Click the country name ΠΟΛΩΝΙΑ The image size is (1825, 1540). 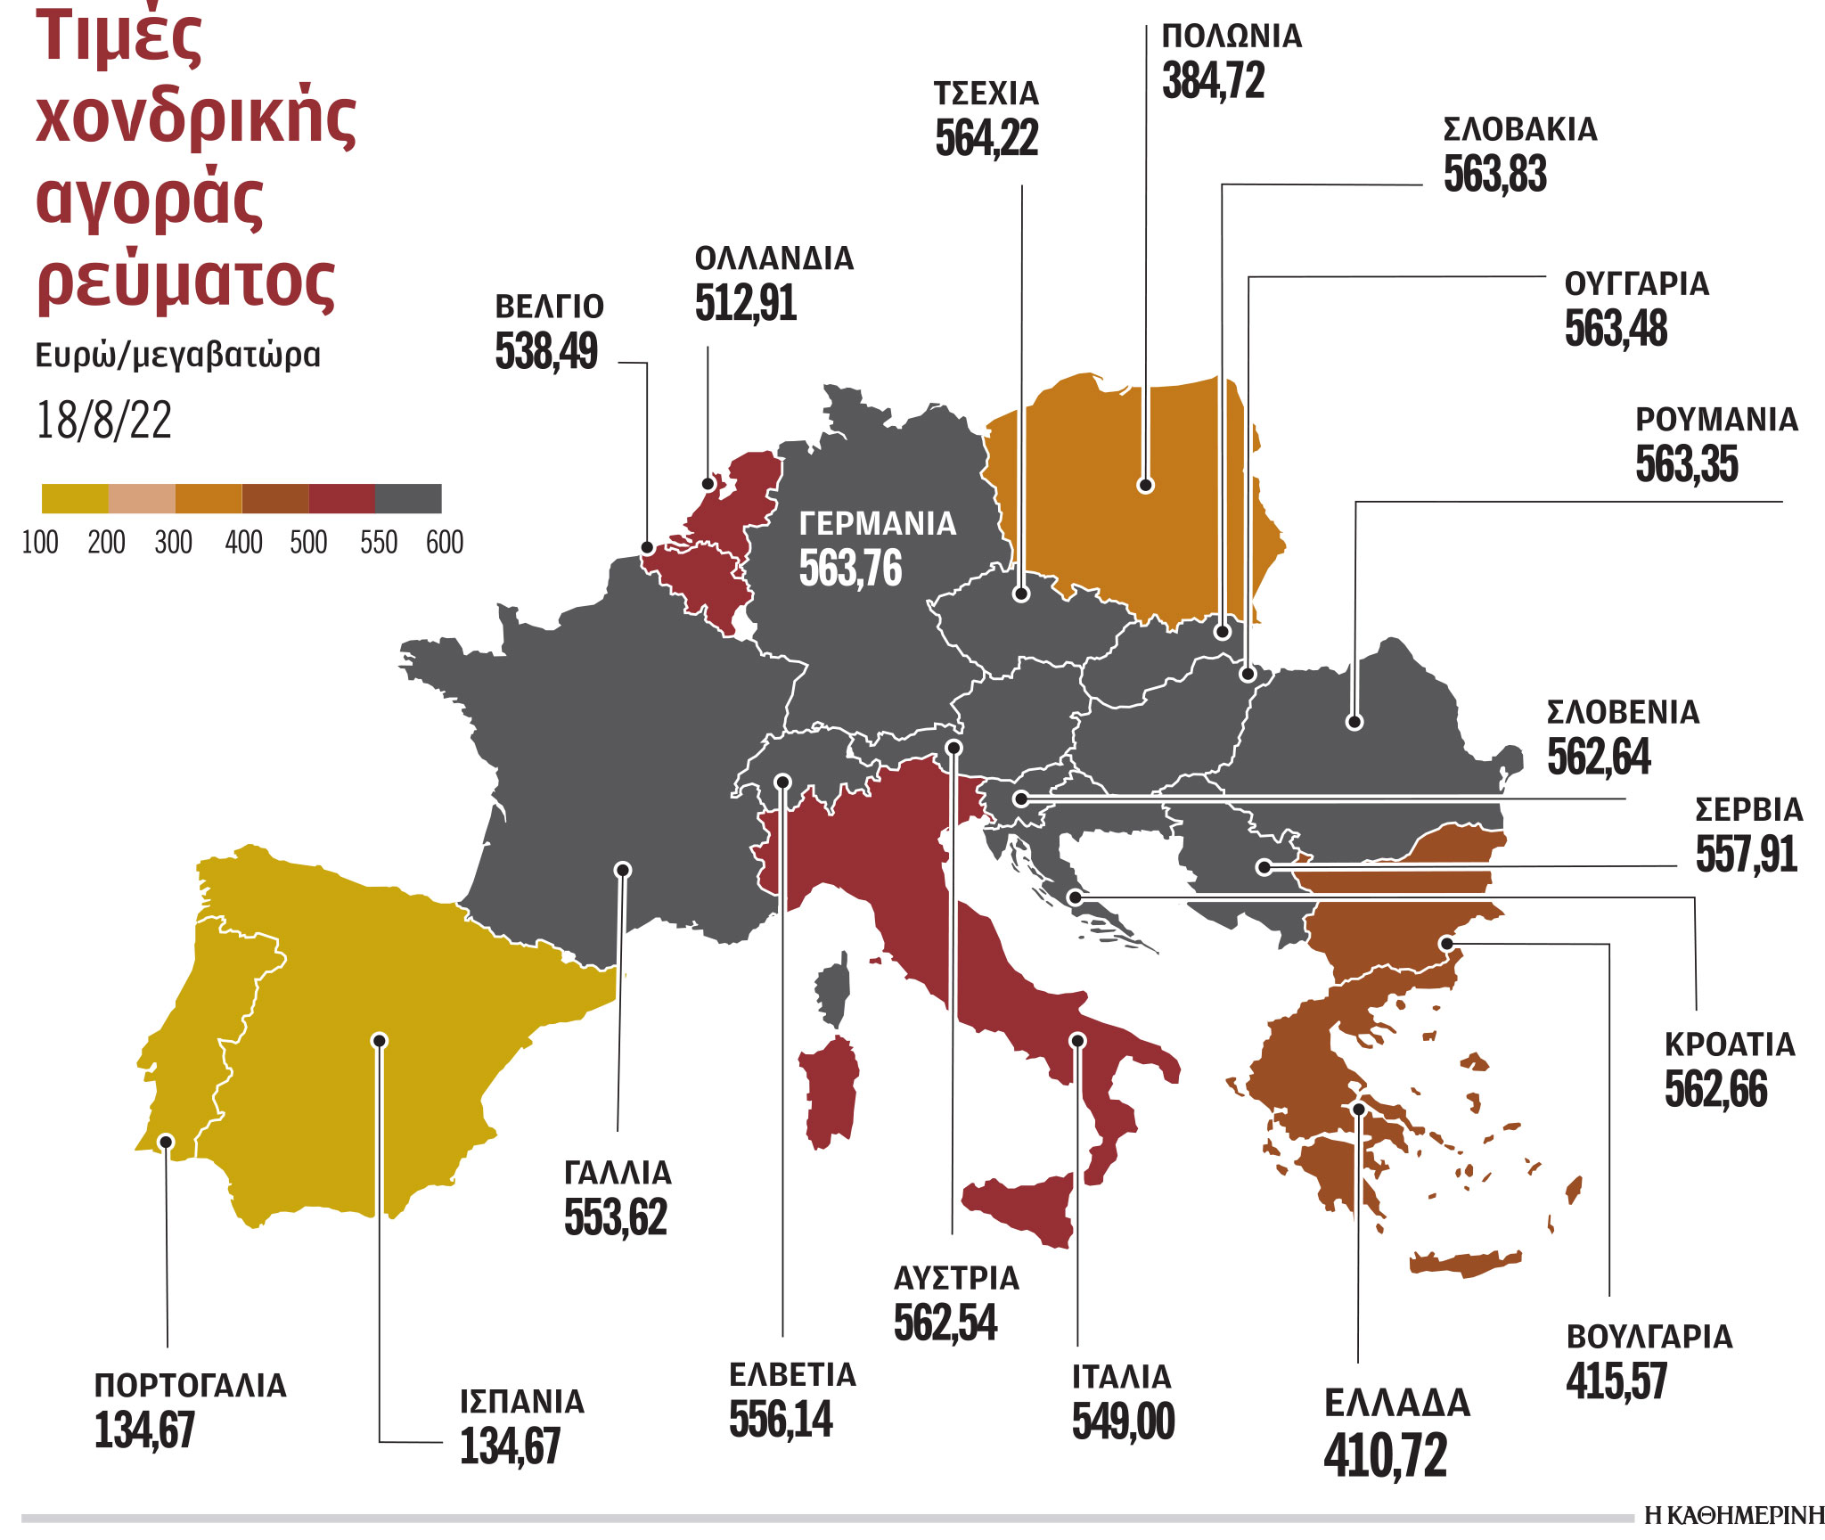(x=1232, y=37)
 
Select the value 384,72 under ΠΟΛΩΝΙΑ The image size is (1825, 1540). (x=1213, y=81)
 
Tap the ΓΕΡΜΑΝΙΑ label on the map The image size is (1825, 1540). (x=877, y=523)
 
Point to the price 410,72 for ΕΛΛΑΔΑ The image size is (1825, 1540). (x=1385, y=1455)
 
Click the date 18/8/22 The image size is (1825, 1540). (x=103, y=420)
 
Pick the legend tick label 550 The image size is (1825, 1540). (x=378, y=542)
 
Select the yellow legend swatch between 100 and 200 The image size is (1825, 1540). (x=75, y=499)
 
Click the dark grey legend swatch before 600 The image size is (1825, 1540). (x=408, y=499)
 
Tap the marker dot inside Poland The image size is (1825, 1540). (x=1146, y=486)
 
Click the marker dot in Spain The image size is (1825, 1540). (x=380, y=1040)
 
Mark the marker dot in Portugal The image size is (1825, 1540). (x=166, y=1142)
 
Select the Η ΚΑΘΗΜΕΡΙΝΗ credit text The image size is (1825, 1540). (x=1734, y=1515)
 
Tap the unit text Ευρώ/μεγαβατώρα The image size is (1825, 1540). (x=177, y=355)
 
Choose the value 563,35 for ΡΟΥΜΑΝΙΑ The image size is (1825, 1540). (x=1686, y=464)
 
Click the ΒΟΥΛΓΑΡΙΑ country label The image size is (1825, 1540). (x=1649, y=1337)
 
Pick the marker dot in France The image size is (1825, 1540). (x=624, y=870)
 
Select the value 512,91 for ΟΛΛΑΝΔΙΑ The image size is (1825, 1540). (x=745, y=304)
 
